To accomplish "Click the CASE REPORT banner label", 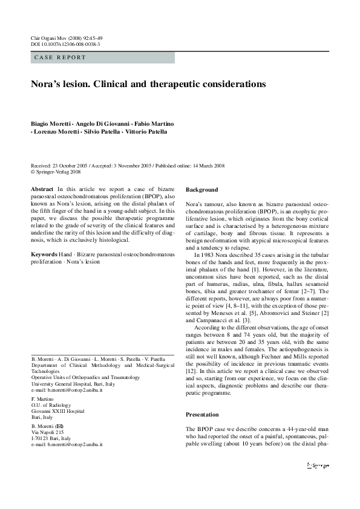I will (61, 57).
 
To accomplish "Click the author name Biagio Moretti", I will (50, 123).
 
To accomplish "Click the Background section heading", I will (201, 189).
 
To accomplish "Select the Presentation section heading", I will (202, 415).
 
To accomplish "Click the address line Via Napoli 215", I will (48, 432).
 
